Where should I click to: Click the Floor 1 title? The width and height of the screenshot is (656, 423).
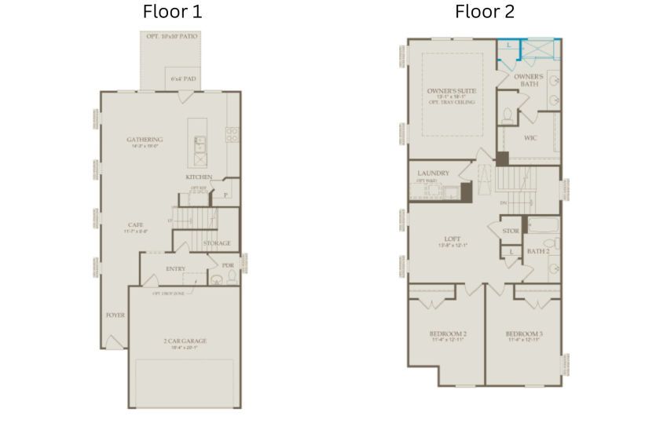[x=172, y=12]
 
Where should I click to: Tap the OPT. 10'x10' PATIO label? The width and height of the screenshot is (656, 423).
[x=171, y=37]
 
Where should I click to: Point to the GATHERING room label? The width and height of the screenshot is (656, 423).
[x=145, y=140]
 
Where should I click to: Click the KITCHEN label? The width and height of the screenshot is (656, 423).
[x=199, y=177]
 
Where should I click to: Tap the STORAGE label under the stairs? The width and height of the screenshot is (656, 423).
[x=217, y=244]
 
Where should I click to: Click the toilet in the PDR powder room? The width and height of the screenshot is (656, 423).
[x=217, y=280]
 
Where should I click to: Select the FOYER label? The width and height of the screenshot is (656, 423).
[x=115, y=315]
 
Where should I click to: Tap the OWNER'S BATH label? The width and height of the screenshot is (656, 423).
[x=529, y=79]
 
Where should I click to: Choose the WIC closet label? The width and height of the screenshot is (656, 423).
[x=531, y=138]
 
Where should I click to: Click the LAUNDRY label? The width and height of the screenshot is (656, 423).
[x=433, y=173]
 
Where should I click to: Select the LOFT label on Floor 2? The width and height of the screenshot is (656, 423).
[x=452, y=239]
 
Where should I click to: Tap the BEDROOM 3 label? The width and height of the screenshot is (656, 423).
[x=524, y=334]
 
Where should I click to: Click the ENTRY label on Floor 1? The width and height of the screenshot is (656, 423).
[x=176, y=269]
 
